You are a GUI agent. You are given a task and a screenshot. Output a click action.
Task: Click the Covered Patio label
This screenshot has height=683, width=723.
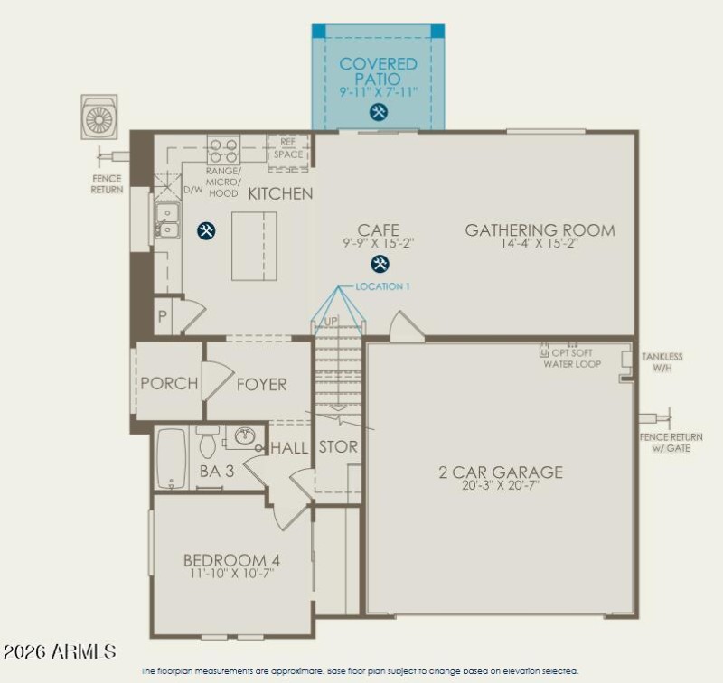[x=379, y=71]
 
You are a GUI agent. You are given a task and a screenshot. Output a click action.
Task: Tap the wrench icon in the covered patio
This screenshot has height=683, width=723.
[x=379, y=112]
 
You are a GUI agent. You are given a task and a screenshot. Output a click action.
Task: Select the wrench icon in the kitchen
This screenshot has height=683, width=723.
[x=206, y=230]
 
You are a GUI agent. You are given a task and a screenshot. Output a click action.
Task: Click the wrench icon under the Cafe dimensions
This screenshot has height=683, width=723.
[x=380, y=264]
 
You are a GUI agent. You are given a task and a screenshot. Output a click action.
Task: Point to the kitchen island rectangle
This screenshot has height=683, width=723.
[x=254, y=246]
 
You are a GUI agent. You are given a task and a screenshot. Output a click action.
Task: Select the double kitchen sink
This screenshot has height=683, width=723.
[x=166, y=220]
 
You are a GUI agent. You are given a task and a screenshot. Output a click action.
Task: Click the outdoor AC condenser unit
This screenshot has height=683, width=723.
[x=99, y=117]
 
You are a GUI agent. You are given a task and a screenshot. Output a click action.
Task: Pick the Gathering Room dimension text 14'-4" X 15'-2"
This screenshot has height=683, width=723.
[x=540, y=244]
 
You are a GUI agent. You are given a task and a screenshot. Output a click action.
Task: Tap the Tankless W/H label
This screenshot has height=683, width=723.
[x=662, y=361]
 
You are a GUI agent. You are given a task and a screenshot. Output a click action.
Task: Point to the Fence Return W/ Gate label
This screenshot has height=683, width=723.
[x=671, y=443]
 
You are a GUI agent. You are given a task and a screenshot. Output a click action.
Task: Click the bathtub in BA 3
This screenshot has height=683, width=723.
[x=171, y=457]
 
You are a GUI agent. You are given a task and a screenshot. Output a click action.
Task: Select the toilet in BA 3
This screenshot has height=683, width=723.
[x=207, y=443]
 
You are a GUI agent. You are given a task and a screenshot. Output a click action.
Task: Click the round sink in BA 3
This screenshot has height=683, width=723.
[x=244, y=437]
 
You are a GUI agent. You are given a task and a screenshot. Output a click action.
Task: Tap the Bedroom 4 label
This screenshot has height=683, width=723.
[x=225, y=560]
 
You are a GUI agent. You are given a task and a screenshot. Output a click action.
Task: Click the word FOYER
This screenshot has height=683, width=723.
[x=261, y=384]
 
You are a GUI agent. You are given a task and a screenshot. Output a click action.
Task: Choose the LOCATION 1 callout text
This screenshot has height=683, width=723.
[x=382, y=286]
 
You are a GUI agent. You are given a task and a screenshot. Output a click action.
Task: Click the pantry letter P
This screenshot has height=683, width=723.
[x=163, y=317]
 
